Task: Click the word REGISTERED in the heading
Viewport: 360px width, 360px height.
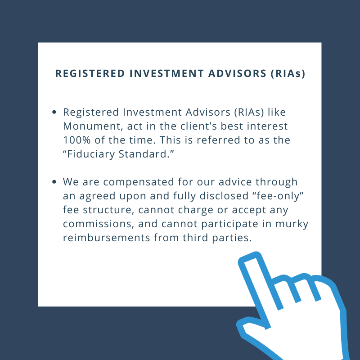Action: coord(90,73)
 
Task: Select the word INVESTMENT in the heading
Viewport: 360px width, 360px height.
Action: coord(166,73)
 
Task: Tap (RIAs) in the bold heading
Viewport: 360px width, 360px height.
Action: coord(288,74)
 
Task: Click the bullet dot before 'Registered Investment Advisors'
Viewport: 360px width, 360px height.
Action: coord(54,112)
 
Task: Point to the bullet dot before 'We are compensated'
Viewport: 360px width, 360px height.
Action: coord(54,182)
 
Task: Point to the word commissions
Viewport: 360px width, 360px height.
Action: coord(99,224)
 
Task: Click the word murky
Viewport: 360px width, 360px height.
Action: coord(292,224)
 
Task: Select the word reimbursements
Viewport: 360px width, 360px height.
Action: coord(107,238)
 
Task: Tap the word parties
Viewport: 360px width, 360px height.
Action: coord(232,238)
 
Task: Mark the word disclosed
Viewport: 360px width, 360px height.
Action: coord(224,196)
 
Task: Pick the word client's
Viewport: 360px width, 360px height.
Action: coord(198,126)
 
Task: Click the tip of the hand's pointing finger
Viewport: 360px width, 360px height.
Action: coord(249,256)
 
